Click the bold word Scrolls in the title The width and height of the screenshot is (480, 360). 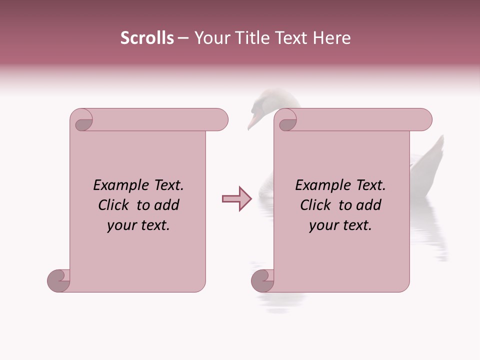[147, 38]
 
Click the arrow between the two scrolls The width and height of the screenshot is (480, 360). [236, 199]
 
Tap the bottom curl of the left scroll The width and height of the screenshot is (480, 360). [58, 280]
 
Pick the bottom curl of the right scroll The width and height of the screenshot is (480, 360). [262, 280]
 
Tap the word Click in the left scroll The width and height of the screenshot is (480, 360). [114, 205]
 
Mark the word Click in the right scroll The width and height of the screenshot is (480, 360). [316, 205]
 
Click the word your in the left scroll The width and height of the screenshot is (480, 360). [121, 226]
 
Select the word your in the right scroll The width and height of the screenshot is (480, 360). [323, 226]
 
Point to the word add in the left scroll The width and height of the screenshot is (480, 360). [167, 205]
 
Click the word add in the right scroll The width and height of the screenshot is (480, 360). [369, 205]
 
